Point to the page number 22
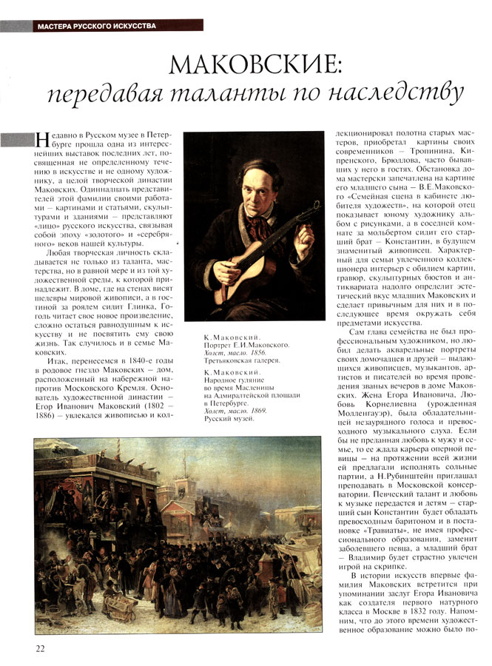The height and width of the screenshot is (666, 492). coord(40,648)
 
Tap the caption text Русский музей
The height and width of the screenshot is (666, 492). coord(226,419)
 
